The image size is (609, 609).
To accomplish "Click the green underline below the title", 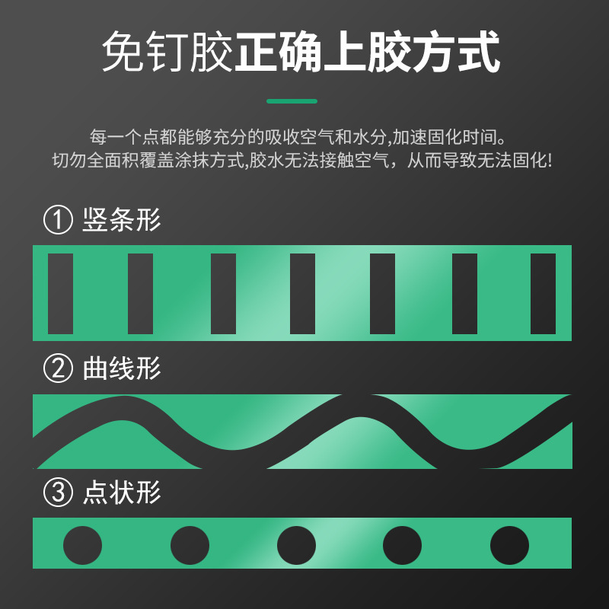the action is pos(292,101).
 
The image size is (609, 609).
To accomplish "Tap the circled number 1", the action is pos(58,220).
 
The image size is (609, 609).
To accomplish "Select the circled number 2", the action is pos(58,368).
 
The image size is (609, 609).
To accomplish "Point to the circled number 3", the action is pos(58,492).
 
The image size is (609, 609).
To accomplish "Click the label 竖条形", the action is pos(122,220).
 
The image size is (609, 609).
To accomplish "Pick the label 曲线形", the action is pos(122,368).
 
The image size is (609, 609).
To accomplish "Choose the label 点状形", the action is pos(122,492).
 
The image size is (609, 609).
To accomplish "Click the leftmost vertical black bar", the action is pos(61,294).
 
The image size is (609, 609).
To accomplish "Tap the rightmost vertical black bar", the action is pos(543,294).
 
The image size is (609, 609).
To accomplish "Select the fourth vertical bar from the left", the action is pos(302,294).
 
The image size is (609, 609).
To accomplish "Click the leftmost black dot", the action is pos(83,545).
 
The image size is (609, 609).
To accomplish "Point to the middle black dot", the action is pos(296,545).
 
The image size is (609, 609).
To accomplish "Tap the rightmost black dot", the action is pos(509,545).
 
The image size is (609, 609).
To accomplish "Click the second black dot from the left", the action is pos(190,545).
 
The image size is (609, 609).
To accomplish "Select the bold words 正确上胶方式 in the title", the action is pos(367,52).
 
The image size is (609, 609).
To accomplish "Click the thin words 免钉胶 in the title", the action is pos(167,52).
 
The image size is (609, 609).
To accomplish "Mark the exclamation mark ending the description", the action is pos(548,160).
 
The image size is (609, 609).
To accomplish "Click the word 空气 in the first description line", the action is pos(317,137).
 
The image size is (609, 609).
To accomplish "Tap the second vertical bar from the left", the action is pos(140,294).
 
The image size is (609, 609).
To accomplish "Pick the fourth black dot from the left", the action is pos(403,545).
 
